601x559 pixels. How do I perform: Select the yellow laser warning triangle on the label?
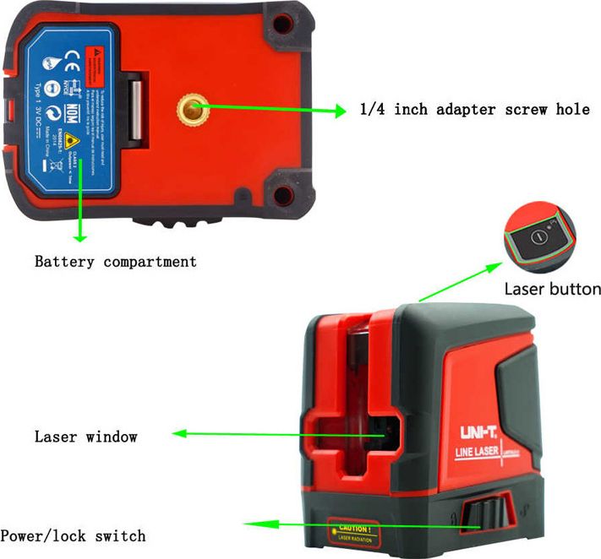coord(74,142)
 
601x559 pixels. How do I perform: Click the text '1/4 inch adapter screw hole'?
coord(474,110)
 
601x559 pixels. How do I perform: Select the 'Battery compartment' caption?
coord(115,261)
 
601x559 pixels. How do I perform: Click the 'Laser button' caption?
coord(552,289)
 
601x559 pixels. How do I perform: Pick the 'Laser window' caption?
coord(85,437)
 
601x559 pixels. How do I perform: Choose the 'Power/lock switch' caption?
coord(73,535)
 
